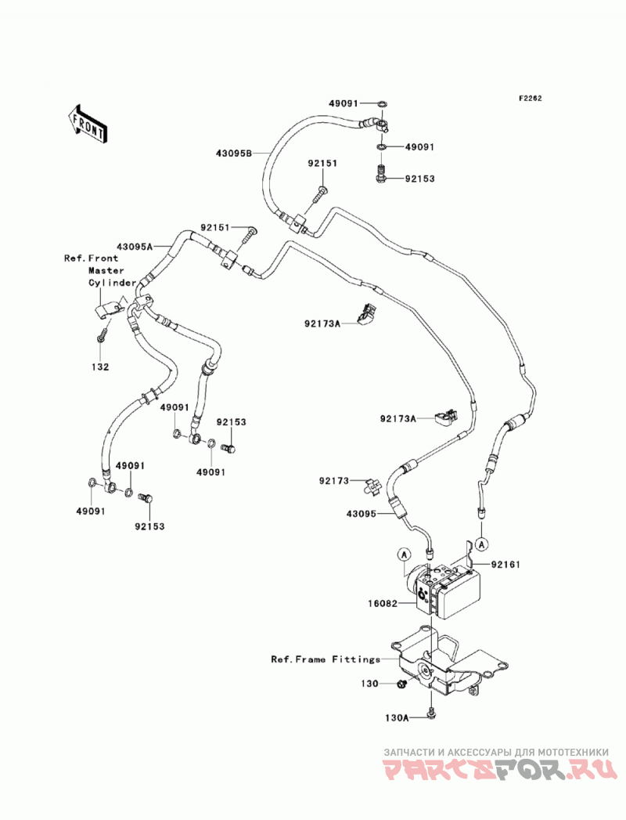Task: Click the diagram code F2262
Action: [x=530, y=99]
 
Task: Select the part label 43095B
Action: [x=233, y=154]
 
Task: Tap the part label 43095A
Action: [x=135, y=247]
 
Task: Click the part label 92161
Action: [x=505, y=565]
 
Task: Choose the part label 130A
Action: [x=397, y=718]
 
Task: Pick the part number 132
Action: [x=100, y=367]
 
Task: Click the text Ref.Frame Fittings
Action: [x=326, y=659]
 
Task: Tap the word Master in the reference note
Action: [x=106, y=270]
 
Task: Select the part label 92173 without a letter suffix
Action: [x=334, y=481]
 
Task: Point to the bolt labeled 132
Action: [x=103, y=333]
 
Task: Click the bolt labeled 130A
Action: [x=430, y=713]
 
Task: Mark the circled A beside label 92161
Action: [x=482, y=544]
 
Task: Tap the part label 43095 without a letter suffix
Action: [x=361, y=514]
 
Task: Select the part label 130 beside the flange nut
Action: [x=369, y=684]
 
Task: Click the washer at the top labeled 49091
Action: [x=382, y=103]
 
